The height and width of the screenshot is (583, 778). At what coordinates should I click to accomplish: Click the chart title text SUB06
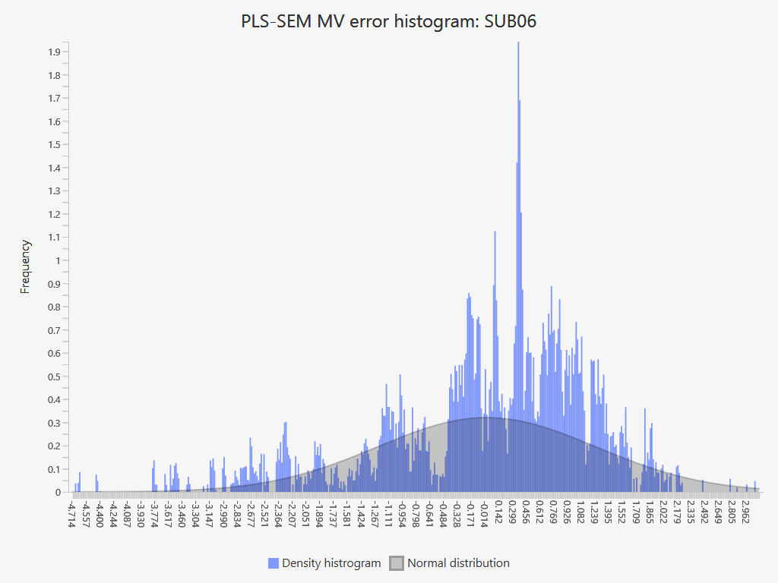[511, 21]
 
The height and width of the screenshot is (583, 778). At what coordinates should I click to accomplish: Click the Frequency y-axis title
[26, 266]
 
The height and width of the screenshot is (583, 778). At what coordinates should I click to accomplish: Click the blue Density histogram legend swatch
[274, 563]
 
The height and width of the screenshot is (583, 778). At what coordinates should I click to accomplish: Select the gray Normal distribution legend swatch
[397, 563]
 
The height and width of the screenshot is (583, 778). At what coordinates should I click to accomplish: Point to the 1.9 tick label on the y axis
[54, 52]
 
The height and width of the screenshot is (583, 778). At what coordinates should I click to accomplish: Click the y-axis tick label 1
[57, 260]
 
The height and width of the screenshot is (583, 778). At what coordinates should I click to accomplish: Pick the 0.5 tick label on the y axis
[54, 377]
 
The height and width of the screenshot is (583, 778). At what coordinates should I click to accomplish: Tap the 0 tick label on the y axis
[57, 492]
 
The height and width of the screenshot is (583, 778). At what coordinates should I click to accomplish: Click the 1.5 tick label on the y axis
[54, 144]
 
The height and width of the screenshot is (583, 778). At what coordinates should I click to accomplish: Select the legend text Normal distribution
[458, 563]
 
